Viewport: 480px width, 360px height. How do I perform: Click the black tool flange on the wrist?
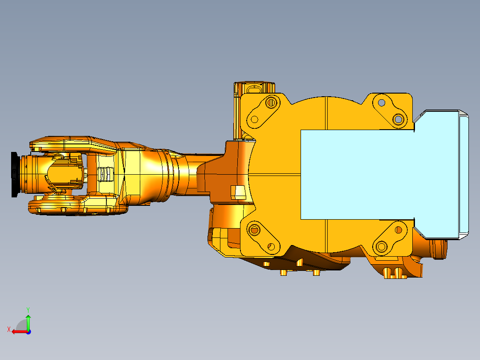[15, 174]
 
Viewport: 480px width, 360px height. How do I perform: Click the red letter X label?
[8, 329]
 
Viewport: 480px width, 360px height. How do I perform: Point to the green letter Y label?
[28, 309]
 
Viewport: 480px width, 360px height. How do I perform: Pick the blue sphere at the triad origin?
[28, 331]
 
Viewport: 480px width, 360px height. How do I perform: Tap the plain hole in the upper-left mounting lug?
[254, 119]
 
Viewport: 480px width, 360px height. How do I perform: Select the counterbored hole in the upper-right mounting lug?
[398, 119]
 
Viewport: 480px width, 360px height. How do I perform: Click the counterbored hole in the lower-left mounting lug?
[254, 230]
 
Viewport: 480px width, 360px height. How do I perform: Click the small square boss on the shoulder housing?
[239, 192]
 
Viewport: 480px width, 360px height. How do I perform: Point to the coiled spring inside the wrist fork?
[103, 174]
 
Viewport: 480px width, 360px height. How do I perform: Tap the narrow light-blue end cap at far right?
[464, 175]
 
